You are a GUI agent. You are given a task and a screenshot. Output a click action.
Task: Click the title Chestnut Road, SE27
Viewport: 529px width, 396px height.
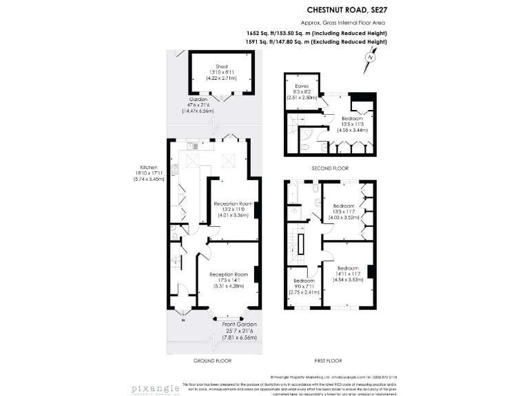point(345,10)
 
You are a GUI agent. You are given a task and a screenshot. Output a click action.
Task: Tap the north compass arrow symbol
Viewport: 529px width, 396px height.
point(369,58)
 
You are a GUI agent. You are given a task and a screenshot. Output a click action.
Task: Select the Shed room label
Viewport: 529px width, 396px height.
point(221,66)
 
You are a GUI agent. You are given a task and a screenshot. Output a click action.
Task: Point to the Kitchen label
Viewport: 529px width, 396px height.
point(149,167)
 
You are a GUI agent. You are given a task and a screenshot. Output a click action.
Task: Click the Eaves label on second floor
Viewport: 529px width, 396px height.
point(301,86)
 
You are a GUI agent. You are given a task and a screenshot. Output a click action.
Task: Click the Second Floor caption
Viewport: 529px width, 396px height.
point(329,168)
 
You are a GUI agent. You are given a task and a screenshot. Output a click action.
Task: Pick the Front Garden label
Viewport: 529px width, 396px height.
point(240,324)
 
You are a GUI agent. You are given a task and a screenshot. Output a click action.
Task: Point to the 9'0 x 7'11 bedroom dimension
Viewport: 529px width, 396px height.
point(304,287)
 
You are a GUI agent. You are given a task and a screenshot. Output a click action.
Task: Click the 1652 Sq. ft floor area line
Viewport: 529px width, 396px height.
point(316,34)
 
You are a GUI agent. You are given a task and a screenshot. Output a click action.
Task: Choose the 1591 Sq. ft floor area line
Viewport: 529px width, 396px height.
point(316,43)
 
